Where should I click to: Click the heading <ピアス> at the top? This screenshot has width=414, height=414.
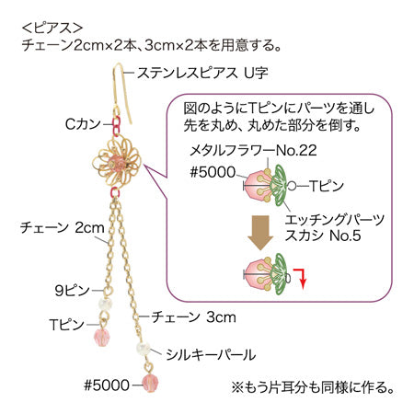coord(52,29)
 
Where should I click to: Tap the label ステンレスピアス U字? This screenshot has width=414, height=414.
coord(202,73)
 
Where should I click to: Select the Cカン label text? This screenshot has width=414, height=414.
coord(83,124)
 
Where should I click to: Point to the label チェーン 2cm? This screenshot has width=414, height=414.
coord(63,228)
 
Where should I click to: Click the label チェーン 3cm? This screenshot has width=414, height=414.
coord(193,316)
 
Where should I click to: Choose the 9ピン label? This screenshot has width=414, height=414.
coord(73,290)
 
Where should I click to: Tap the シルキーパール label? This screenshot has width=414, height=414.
coord(211,355)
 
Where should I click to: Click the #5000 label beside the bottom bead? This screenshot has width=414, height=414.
coord(107,385)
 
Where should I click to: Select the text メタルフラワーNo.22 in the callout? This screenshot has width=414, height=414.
coord(253,151)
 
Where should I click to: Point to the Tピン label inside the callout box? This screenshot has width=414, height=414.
coord(327,186)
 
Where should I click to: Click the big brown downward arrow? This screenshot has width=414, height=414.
coord(260,232)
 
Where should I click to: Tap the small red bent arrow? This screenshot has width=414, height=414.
coord(301,279)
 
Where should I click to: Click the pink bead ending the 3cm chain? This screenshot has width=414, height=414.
coord(150,383)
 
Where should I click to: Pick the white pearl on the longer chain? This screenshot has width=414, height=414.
coord(144,349)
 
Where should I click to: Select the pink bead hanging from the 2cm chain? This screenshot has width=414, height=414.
coord(101,337)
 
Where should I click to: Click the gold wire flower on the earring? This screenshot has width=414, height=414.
coord(117,162)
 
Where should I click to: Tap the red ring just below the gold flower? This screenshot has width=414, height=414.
coord(115,192)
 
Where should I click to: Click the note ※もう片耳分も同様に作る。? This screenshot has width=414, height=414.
coord(313,387)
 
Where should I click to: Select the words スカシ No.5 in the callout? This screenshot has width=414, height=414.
coord(323,236)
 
